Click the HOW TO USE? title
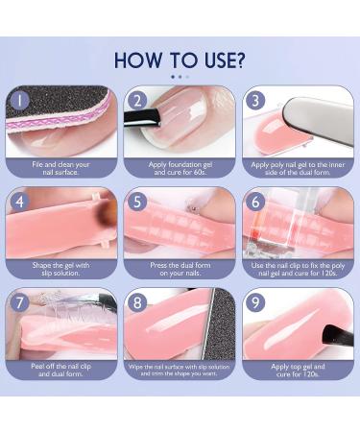click(x=180, y=59)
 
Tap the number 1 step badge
click(x=19, y=99)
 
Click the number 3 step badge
click(x=254, y=100)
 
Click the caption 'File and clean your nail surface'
click(x=61, y=167)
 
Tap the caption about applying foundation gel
click(x=180, y=167)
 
